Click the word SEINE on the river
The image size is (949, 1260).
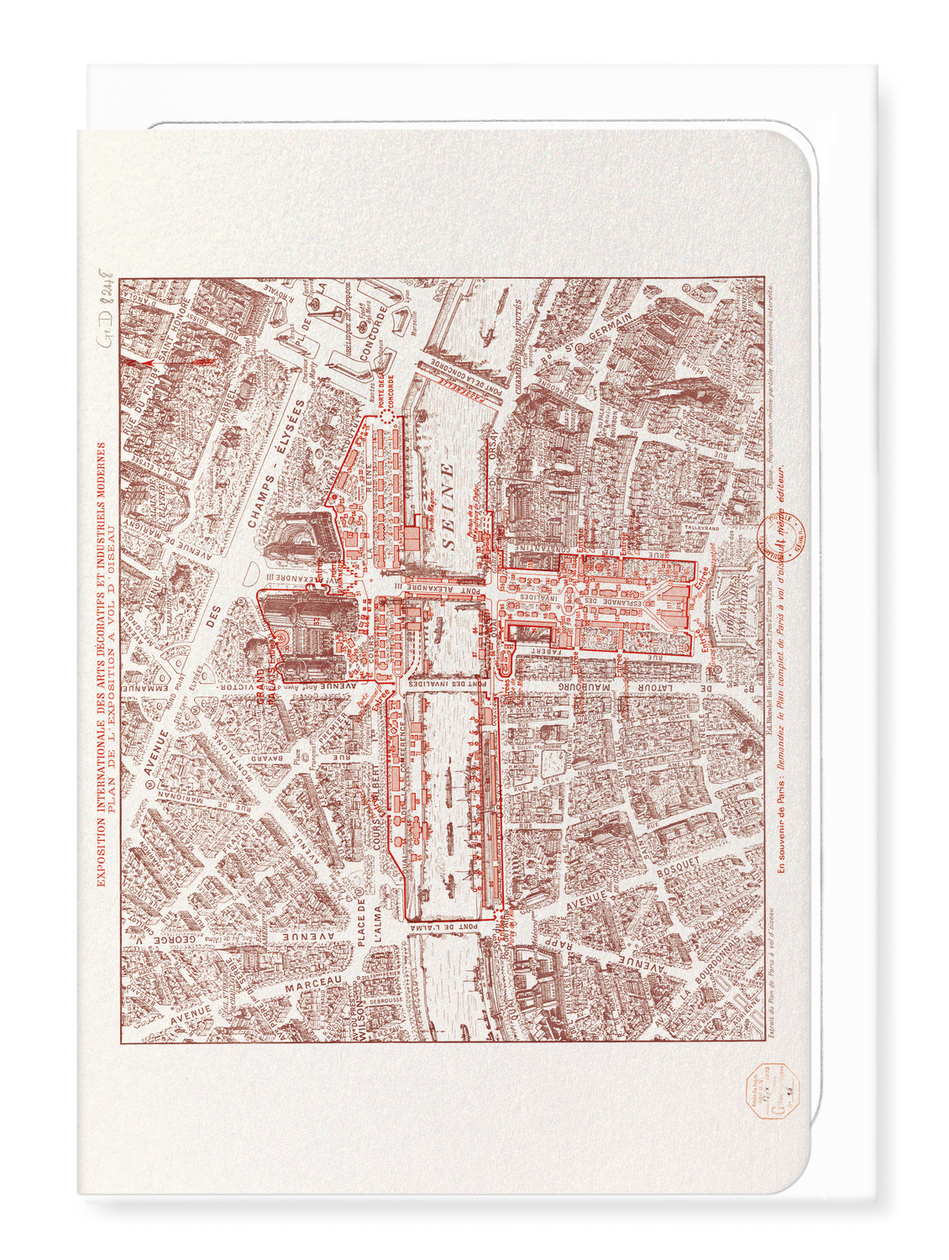(x=448, y=507)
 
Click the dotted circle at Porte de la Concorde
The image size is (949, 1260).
(x=386, y=417)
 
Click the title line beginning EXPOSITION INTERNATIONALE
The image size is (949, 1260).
(x=102, y=664)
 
